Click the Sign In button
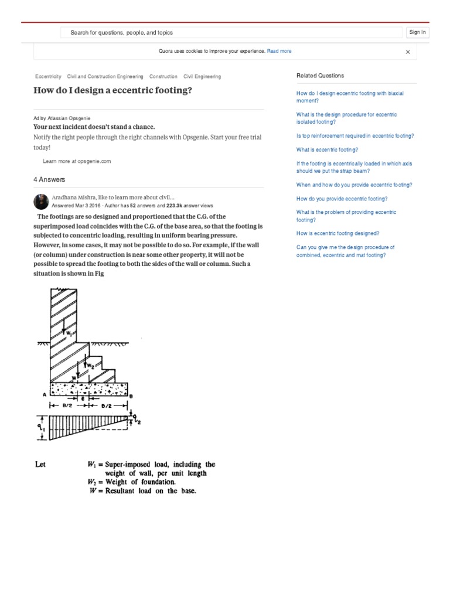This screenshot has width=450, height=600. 417,33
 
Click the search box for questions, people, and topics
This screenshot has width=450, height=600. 232,33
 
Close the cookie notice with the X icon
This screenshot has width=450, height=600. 408,52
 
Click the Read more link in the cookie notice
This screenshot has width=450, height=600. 279,52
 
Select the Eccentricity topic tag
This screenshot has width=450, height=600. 48,77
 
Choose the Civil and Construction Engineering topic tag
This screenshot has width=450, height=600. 105,77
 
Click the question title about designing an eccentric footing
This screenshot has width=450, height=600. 112,91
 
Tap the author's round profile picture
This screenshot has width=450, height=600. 41,202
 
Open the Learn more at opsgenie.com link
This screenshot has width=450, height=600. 77,161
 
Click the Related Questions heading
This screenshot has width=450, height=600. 320,76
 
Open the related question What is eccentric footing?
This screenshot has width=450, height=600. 327,150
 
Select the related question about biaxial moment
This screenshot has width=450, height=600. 350,97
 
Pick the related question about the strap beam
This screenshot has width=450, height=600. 354,168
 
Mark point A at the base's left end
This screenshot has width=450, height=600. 44,395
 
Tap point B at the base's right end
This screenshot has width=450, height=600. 131,396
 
